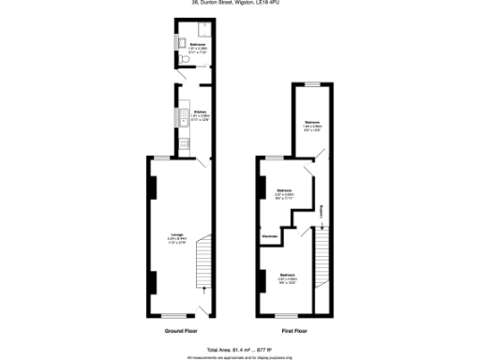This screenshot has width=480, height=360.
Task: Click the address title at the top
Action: click(240, 4)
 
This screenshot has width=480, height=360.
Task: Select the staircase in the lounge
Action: click(203, 274)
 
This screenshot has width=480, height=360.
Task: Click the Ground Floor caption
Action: click(180, 331)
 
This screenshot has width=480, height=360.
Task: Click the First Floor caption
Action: click(294, 331)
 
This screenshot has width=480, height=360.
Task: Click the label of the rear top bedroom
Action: click(313, 126)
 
